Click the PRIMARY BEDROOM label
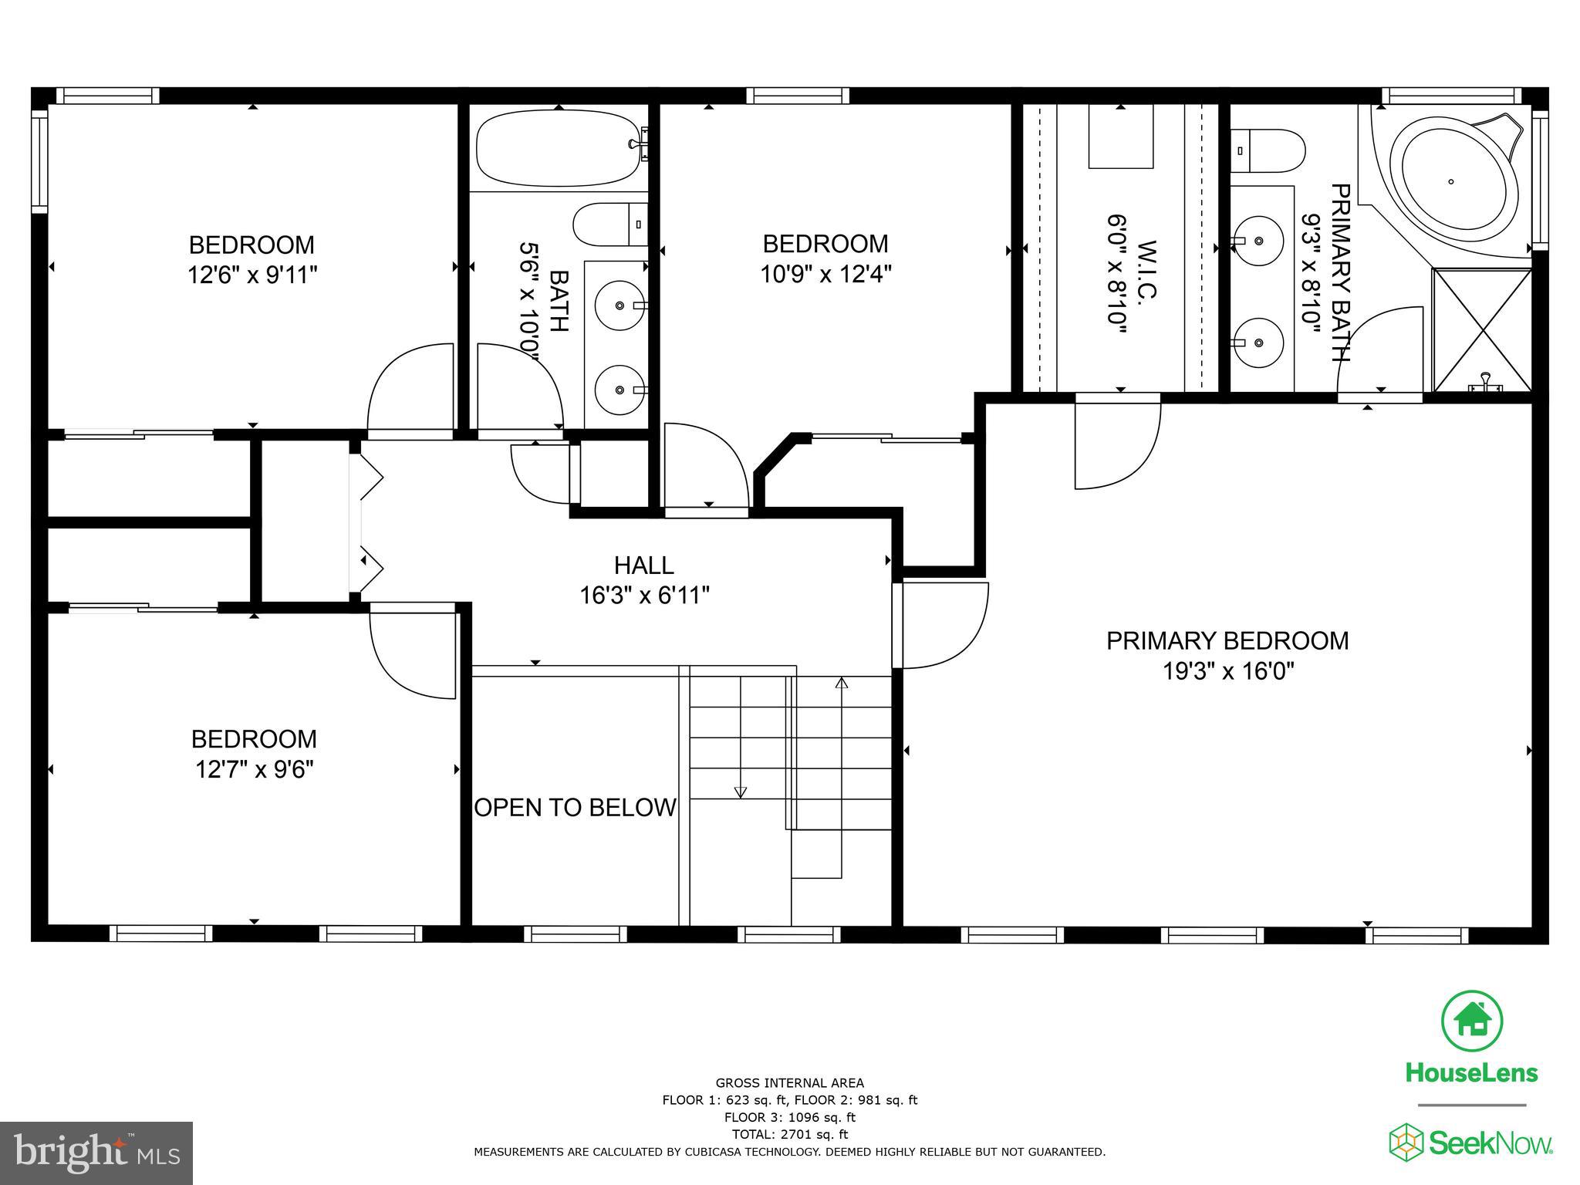[x=1227, y=641]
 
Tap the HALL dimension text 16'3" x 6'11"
[x=644, y=596]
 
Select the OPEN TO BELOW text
[x=575, y=808]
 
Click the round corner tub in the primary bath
[x=1450, y=182]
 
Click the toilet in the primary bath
[x=1268, y=150]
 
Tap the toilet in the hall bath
[x=610, y=225]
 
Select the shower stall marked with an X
[x=1481, y=329]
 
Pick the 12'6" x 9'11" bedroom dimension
[x=252, y=275]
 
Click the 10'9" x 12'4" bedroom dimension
[x=825, y=274]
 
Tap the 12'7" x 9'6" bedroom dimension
[x=254, y=769]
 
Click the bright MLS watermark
[x=96, y=1153]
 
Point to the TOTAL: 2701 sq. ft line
[x=789, y=1134]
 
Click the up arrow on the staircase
[x=842, y=683]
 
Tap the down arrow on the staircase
[x=741, y=792]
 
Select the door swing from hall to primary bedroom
[x=943, y=625]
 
